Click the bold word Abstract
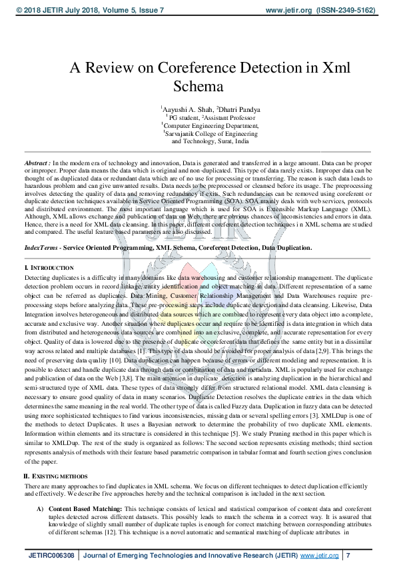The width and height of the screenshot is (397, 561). (x=37, y=163)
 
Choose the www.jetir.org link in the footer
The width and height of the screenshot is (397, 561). (x=320, y=554)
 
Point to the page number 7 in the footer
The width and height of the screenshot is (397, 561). (x=348, y=554)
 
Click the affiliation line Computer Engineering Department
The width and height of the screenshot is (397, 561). (x=210, y=125)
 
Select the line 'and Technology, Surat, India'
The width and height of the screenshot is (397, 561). (x=210, y=141)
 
